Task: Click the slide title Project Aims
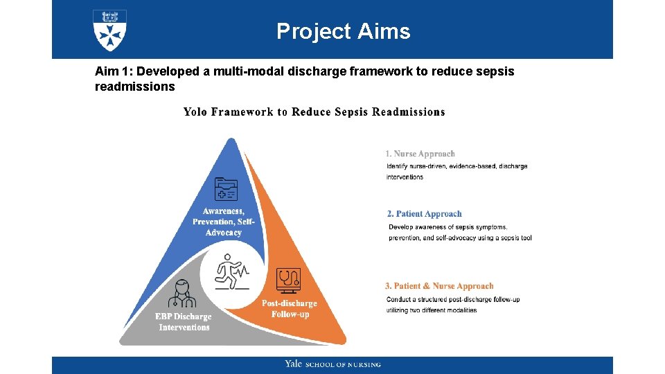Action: click(343, 31)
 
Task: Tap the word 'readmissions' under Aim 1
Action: click(134, 87)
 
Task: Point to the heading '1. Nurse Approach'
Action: click(420, 154)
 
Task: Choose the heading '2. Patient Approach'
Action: click(424, 214)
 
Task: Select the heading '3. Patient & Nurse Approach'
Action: click(439, 286)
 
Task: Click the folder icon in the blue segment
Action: click(226, 189)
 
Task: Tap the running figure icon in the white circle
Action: click(231, 271)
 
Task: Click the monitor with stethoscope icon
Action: click(287, 279)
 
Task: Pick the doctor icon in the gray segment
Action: click(181, 294)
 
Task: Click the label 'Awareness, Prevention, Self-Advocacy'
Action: click(223, 222)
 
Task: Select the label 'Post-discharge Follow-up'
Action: click(290, 309)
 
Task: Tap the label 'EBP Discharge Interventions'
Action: click(184, 322)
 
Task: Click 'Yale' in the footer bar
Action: click(293, 364)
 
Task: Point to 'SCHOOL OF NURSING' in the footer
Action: click(344, 365)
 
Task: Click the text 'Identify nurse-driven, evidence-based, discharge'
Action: click(456, 166)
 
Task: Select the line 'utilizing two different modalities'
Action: click(431, 310)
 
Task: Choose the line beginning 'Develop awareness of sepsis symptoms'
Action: click(447, 227)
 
